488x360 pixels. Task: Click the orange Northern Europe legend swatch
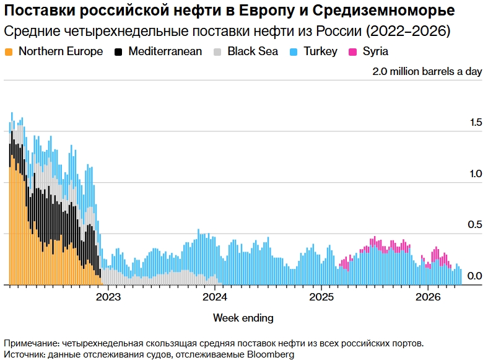pos(9,51)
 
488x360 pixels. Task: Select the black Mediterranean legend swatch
pos(118,51)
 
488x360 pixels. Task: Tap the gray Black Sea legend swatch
pos(217,51)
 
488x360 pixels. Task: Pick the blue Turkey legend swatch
pos(294,51)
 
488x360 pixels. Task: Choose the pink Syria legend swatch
pos(353,51)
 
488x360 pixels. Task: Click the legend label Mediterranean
pos(165,51)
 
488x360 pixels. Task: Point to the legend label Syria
pos(376,51)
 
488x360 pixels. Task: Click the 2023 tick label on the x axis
pos(108,296)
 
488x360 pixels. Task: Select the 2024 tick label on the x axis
pos(215,296)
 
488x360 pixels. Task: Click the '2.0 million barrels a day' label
pos(427,71)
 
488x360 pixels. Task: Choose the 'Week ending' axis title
pos(243,318)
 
